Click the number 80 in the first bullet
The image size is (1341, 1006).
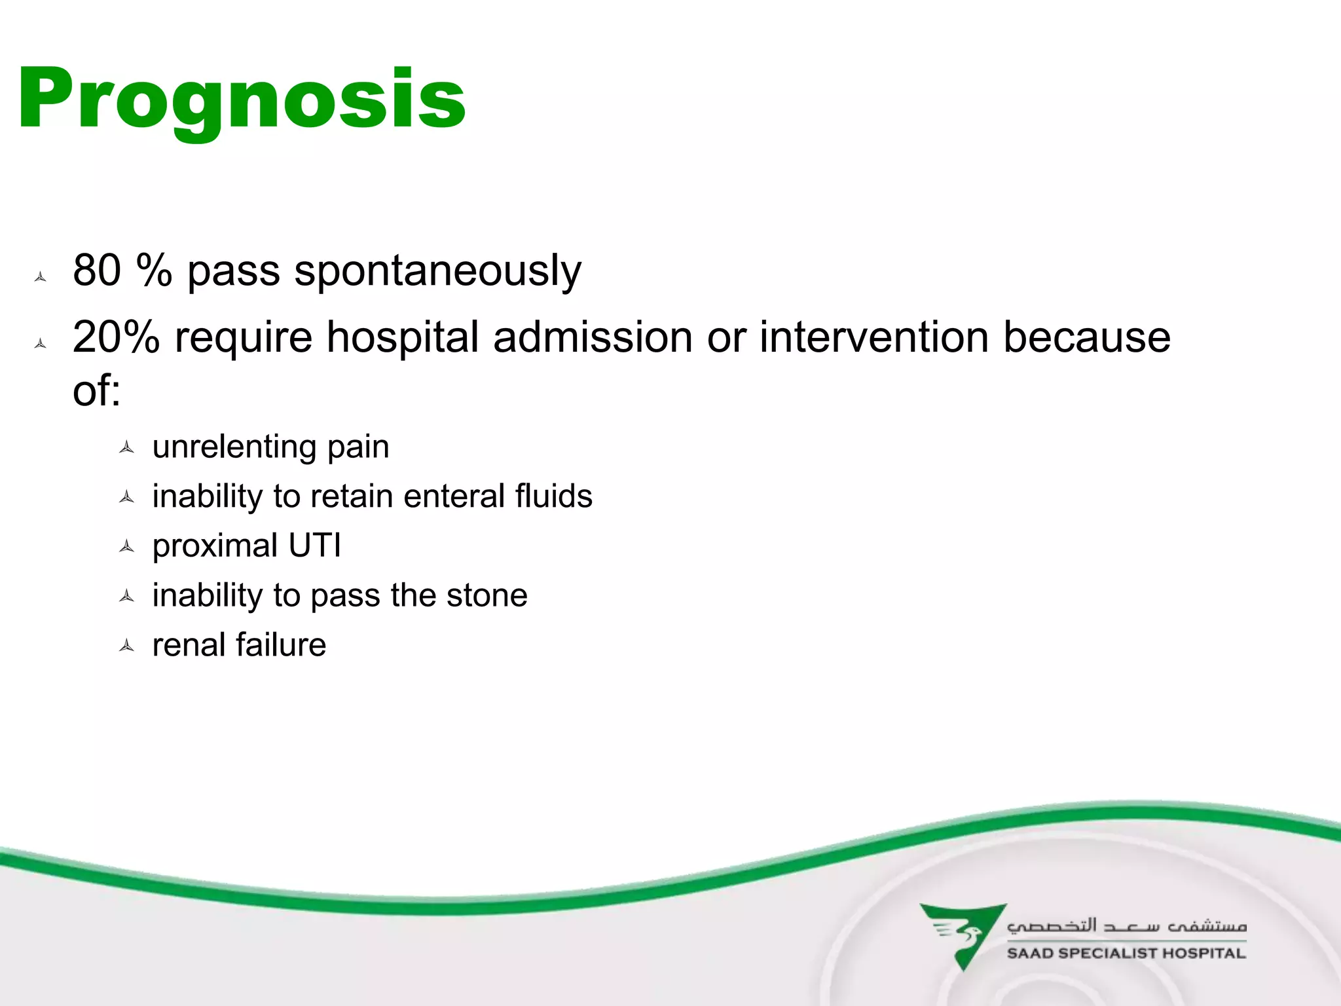(97, 270)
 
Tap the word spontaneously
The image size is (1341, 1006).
(437, 271)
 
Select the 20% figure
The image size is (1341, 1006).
(116, 337)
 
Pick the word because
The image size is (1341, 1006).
(1087, 337)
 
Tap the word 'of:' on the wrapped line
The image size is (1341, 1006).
(96, 391)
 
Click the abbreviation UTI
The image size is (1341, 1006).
(315, 546)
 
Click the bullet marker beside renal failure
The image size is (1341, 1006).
(127, 646)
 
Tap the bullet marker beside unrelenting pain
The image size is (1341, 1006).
(127, 448)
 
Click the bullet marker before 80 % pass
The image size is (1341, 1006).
(41, 277)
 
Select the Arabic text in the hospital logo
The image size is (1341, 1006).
(1126, 925)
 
